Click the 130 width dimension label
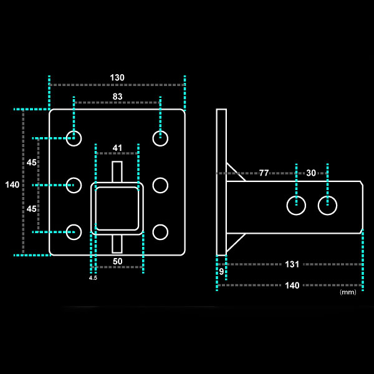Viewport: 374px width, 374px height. tap(117, 78)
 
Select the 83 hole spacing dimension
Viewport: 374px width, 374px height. tap(117, 97)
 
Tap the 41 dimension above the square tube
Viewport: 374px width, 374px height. tap(117, 148)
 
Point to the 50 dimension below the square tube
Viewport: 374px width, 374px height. tap(117, 261)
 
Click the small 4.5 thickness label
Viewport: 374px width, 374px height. tap(93, 277)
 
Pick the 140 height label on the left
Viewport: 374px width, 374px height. tap(12, 185)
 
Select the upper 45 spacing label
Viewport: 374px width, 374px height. tap(31, 162)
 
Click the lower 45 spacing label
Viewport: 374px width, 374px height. tap(31, 209)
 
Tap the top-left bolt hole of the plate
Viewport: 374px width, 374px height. tap(74, 138)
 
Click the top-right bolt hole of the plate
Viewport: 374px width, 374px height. tap(160, 138)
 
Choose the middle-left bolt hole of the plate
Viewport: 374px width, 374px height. tap(74, 185)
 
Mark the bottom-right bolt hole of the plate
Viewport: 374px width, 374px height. tap(160, 232)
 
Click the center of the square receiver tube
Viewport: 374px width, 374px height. tap(117, 207)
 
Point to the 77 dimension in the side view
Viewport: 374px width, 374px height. tap(264, 173)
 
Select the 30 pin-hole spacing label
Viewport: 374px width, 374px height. tap(311, 173)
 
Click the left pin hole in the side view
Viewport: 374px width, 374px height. tap(297, 204)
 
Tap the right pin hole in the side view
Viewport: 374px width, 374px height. tap(327, 204)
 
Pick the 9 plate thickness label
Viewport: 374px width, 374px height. tap(221, 271)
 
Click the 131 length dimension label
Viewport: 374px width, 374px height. tap(292, 264)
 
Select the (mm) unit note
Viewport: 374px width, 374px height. tap(348, 292)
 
